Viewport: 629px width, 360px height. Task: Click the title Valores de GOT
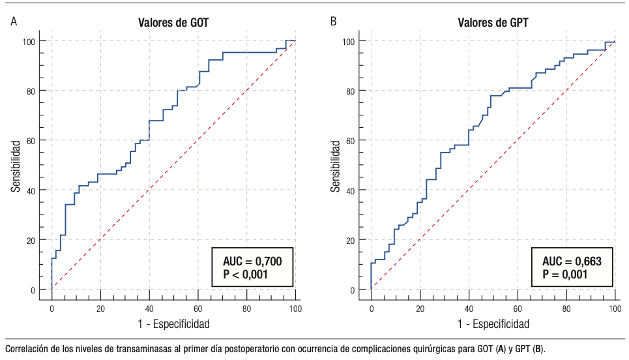coord(173,22)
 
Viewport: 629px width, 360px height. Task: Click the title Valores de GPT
coord(493,22)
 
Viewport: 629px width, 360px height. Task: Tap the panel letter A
coord(14,22)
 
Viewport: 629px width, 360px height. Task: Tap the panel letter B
coord(334,22)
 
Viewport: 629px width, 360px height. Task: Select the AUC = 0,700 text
coord(253,262)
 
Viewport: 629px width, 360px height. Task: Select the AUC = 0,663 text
coord(572,262)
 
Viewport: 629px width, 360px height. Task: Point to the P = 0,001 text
coord(565,275)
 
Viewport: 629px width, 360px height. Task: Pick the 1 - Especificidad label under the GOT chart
coord(173,323)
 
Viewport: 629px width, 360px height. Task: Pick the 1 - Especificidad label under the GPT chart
coord(493,323)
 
